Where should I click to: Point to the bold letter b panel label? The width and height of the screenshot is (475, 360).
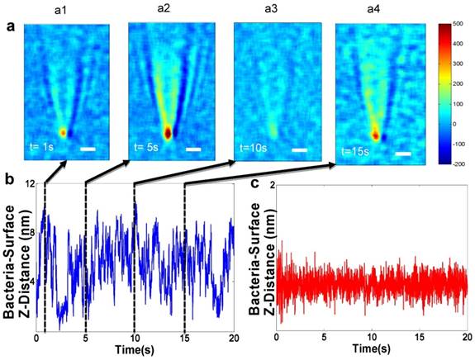click(8, 177)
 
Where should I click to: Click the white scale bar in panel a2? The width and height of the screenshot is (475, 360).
click(193, 150)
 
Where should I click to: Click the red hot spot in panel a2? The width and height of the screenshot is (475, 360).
click(168, 131)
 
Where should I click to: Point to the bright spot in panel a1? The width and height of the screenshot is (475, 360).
click(63, 130)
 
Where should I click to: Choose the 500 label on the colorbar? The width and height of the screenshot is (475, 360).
click(465, 26)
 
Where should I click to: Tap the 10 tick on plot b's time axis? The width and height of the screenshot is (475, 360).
click(134, 338)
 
